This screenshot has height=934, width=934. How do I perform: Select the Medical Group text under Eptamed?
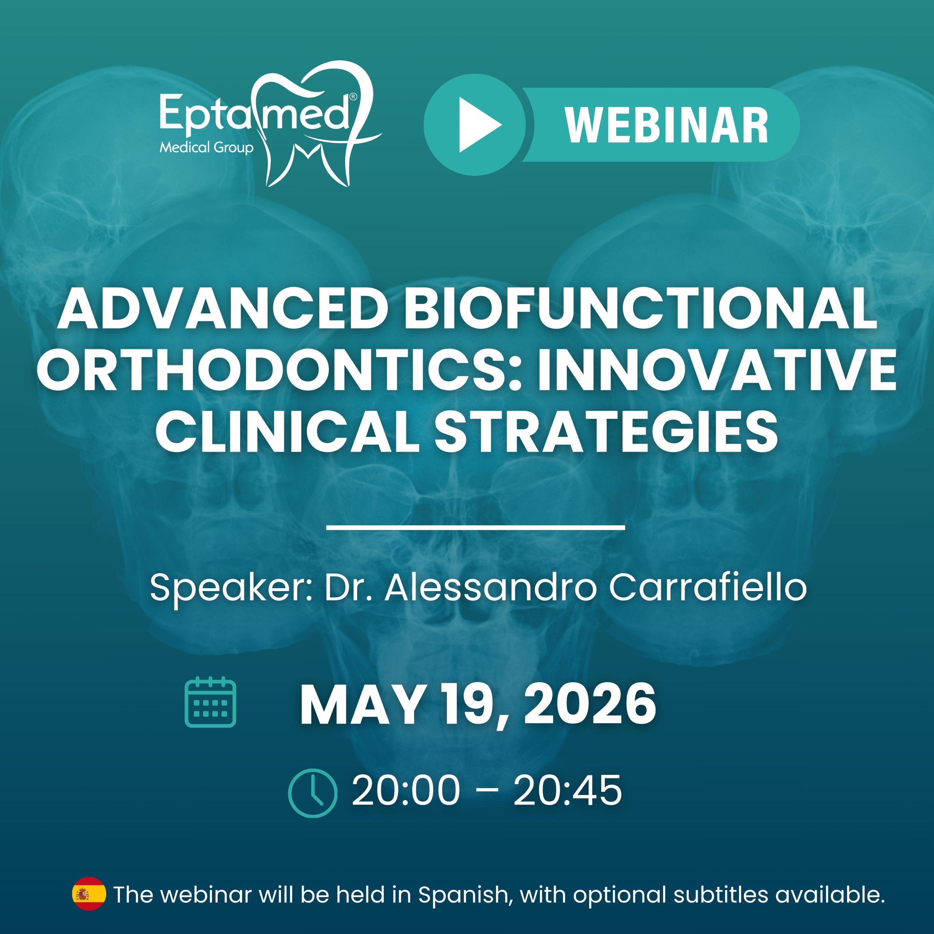coord(207,147)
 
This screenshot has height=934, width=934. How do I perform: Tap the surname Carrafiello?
coord(707,587)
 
